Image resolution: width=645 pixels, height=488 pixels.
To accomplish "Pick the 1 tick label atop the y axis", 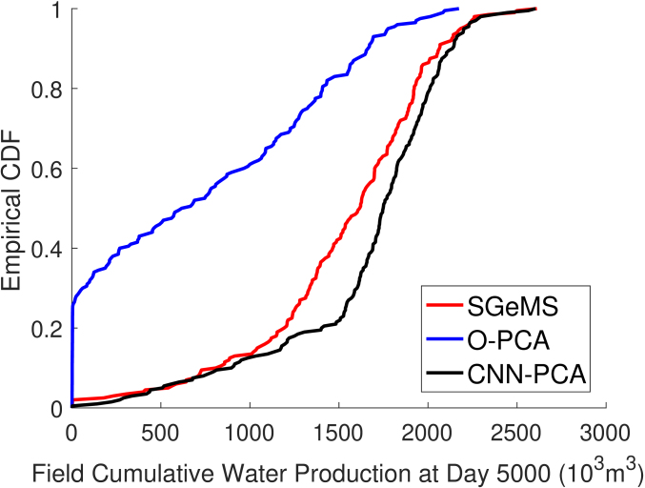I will (58, 10).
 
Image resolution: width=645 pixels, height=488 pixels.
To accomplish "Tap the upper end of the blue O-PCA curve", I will (457, 9).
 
